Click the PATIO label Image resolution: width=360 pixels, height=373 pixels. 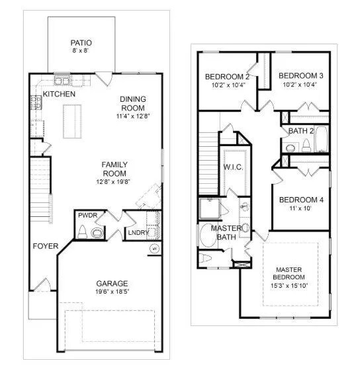81,43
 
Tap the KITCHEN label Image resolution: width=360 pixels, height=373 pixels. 59,95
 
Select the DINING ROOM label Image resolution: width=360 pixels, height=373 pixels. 132,104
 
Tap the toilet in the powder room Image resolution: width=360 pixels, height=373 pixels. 82,231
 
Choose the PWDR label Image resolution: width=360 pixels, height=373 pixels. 87,216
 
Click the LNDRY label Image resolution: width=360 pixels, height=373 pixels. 138,232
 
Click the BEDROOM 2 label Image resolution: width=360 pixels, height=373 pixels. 227,75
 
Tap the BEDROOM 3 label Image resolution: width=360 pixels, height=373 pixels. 300,75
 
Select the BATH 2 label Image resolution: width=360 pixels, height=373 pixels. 301,131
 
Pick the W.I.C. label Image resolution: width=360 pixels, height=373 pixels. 233,167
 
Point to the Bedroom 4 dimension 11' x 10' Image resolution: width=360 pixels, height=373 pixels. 301,209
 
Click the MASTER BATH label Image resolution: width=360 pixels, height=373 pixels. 226,232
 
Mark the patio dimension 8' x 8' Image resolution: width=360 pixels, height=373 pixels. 81,51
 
